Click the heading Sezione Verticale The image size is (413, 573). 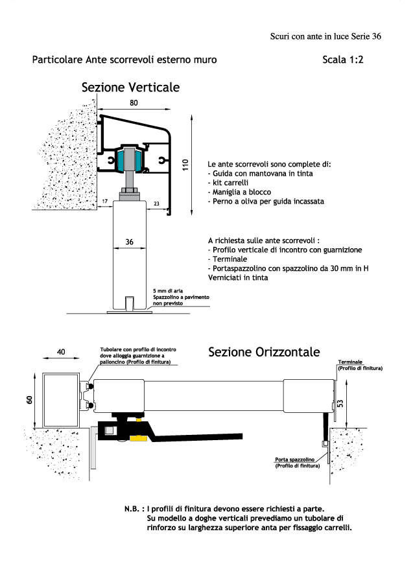130,88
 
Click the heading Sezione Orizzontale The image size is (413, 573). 264,352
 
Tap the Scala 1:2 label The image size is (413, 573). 343,60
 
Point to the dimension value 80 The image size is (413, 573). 134,102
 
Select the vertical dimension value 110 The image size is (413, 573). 185,165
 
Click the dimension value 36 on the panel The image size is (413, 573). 130,242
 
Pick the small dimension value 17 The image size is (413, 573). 105,202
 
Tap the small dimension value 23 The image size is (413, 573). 156,204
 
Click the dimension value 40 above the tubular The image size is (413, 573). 61,351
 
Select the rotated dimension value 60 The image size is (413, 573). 30,400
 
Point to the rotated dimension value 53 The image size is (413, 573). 340,403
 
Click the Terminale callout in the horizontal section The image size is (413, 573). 350,362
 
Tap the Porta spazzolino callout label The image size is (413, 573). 294,460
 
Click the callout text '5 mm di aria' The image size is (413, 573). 168,291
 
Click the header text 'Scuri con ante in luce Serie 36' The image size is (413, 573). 325,36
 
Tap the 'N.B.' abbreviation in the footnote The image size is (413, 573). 132,509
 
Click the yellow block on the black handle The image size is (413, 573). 139,438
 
